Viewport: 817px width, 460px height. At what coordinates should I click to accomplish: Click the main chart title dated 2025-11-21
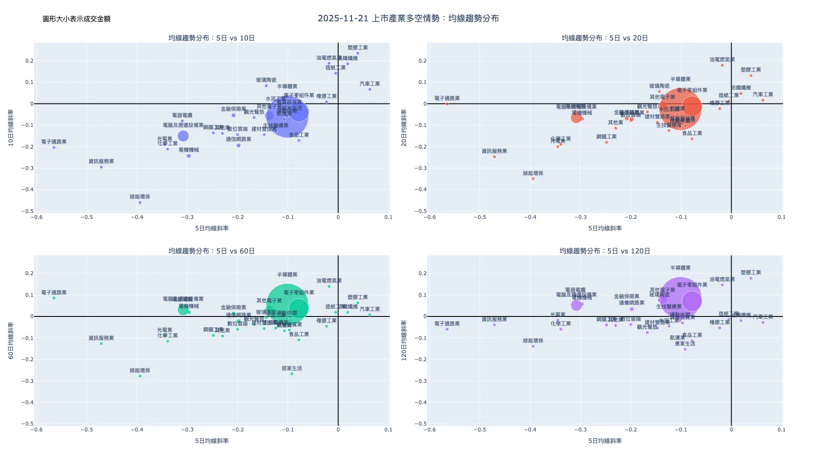pos(408,18)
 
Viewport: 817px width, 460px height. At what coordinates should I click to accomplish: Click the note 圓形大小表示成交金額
pos(77,19)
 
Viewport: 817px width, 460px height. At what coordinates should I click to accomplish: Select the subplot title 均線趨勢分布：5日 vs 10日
pos(211,38)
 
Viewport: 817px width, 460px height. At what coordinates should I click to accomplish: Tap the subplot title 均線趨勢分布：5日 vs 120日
pos(605,251)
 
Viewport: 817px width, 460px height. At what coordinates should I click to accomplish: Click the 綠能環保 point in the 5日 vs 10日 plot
pos(140,202)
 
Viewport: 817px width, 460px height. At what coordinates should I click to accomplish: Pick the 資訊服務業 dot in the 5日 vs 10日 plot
pos(101,167)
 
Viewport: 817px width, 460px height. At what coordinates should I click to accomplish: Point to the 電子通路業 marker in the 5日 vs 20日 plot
pos(447,104)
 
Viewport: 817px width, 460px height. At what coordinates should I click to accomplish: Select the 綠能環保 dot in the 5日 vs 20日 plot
pos(533,179)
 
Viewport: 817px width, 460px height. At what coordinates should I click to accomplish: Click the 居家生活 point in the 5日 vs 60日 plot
pos(292,374)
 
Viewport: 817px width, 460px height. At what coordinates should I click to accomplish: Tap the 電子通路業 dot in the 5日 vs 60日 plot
pos(54,298)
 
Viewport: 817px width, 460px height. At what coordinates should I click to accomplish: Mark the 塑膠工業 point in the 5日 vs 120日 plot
pos(751,278)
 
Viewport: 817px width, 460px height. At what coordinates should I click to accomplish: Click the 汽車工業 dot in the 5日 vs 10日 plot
pos(370,89)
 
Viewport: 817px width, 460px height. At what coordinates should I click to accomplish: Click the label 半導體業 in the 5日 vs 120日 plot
pos(680,268)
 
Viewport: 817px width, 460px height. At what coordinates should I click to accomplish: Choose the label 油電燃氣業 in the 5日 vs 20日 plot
pos(722,60)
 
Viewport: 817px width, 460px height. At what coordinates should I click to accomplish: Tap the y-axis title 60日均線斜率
pos(11,340)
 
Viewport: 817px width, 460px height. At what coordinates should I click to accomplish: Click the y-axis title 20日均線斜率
pos(404,128)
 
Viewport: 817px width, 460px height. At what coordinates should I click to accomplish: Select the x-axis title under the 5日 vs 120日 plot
pos(605,441)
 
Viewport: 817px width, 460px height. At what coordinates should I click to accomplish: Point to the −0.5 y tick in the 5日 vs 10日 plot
pos(28,211)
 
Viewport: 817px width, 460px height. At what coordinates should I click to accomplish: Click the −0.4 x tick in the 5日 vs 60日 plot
pos(137,430)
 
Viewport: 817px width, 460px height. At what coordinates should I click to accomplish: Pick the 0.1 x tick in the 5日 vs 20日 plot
pos(782,217)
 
